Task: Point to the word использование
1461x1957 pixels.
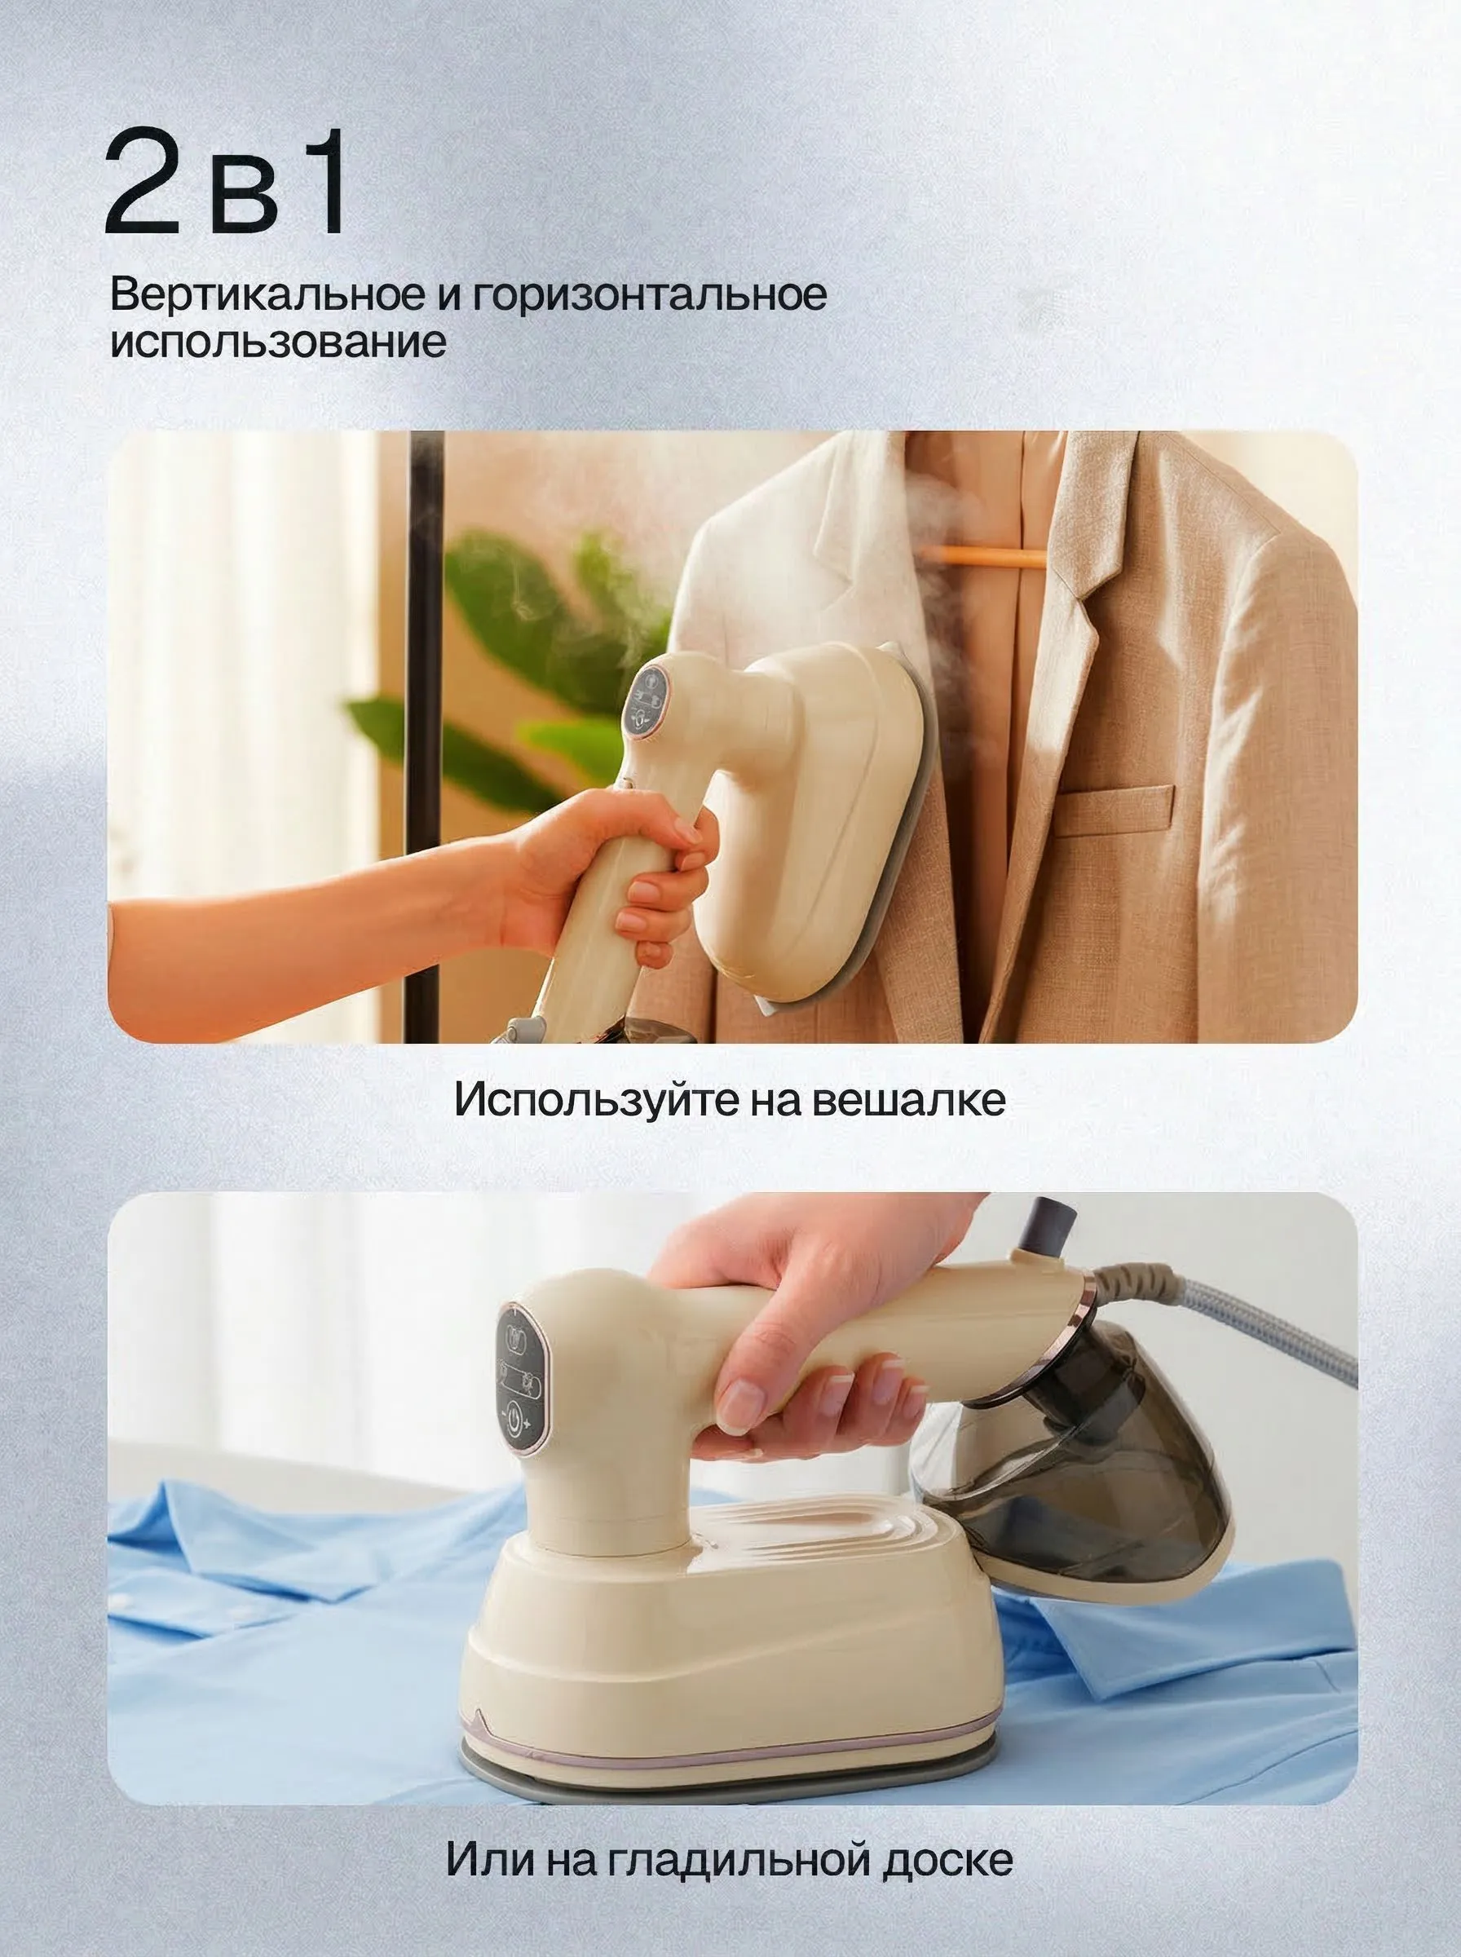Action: click(278, 342)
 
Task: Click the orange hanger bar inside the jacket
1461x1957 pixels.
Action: click(970, 557)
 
